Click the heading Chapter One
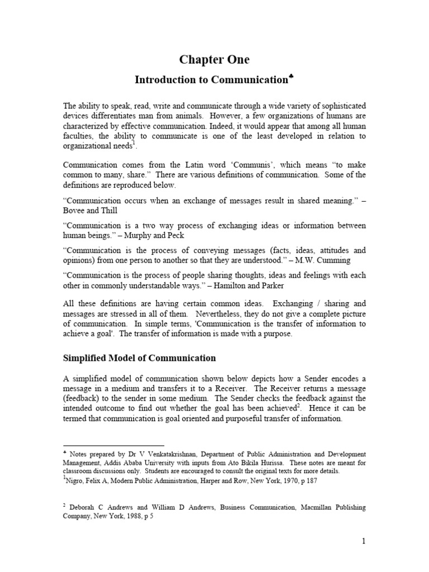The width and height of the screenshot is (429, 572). tap(214, 60)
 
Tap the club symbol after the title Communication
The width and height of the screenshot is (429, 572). tap(290, 77)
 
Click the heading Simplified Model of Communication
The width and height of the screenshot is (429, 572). tap(139, 357)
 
